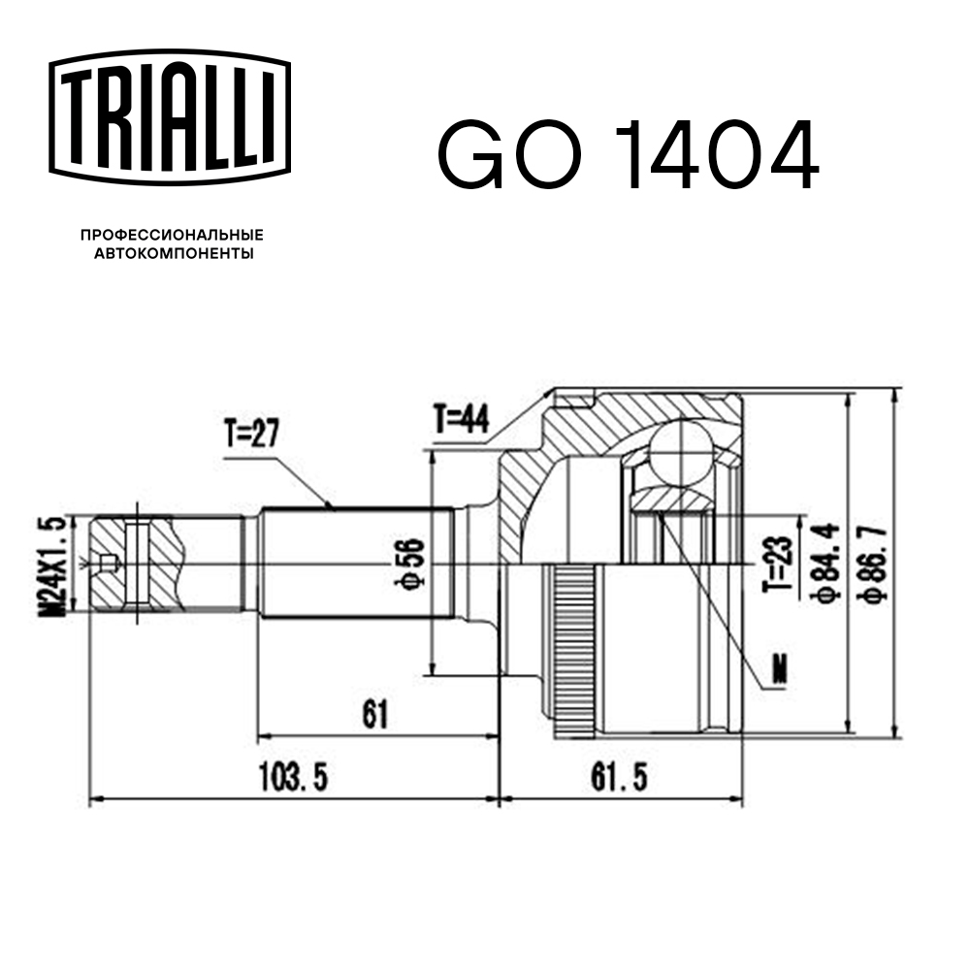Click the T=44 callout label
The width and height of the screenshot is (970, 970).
[462, 419]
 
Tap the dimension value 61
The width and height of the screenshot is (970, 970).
[374, 715]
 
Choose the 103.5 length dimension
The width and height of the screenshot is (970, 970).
[296, 776]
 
